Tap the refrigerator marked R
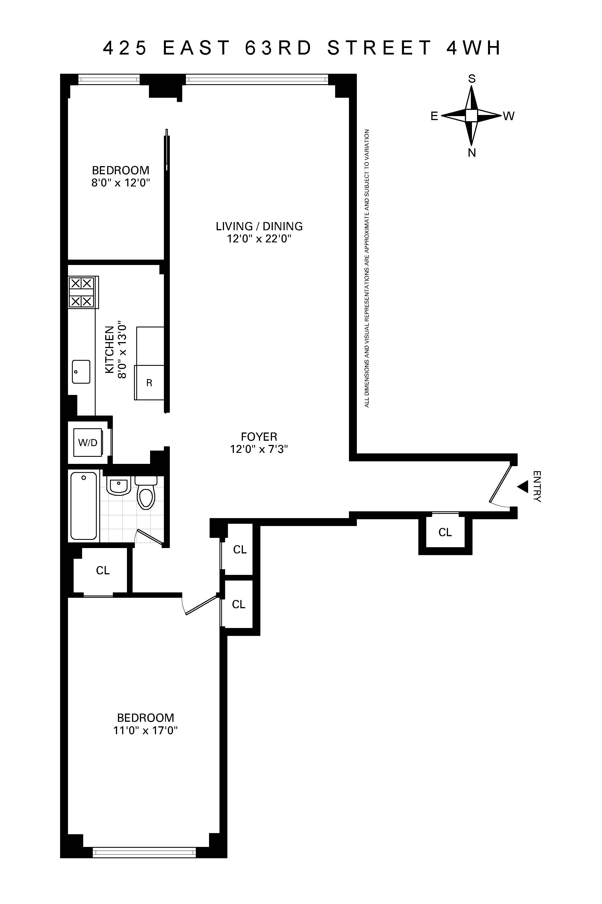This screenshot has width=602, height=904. (x=149, y=383)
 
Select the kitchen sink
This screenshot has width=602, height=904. (x=81, y=372)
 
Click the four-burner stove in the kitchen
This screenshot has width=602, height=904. (x=82, y=292)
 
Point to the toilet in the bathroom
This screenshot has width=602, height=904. (x=146, y=495)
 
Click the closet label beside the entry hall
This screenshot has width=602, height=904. (x=445, y=532)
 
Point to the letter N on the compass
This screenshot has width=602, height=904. (x=472, y=153)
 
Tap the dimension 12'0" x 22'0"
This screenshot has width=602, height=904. (x=259, y=239)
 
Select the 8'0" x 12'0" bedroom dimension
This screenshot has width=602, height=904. (x=120, y=182)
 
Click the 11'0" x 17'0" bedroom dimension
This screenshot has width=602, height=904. (x=146, y=730)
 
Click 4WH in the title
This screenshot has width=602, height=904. (x=474, y=48)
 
